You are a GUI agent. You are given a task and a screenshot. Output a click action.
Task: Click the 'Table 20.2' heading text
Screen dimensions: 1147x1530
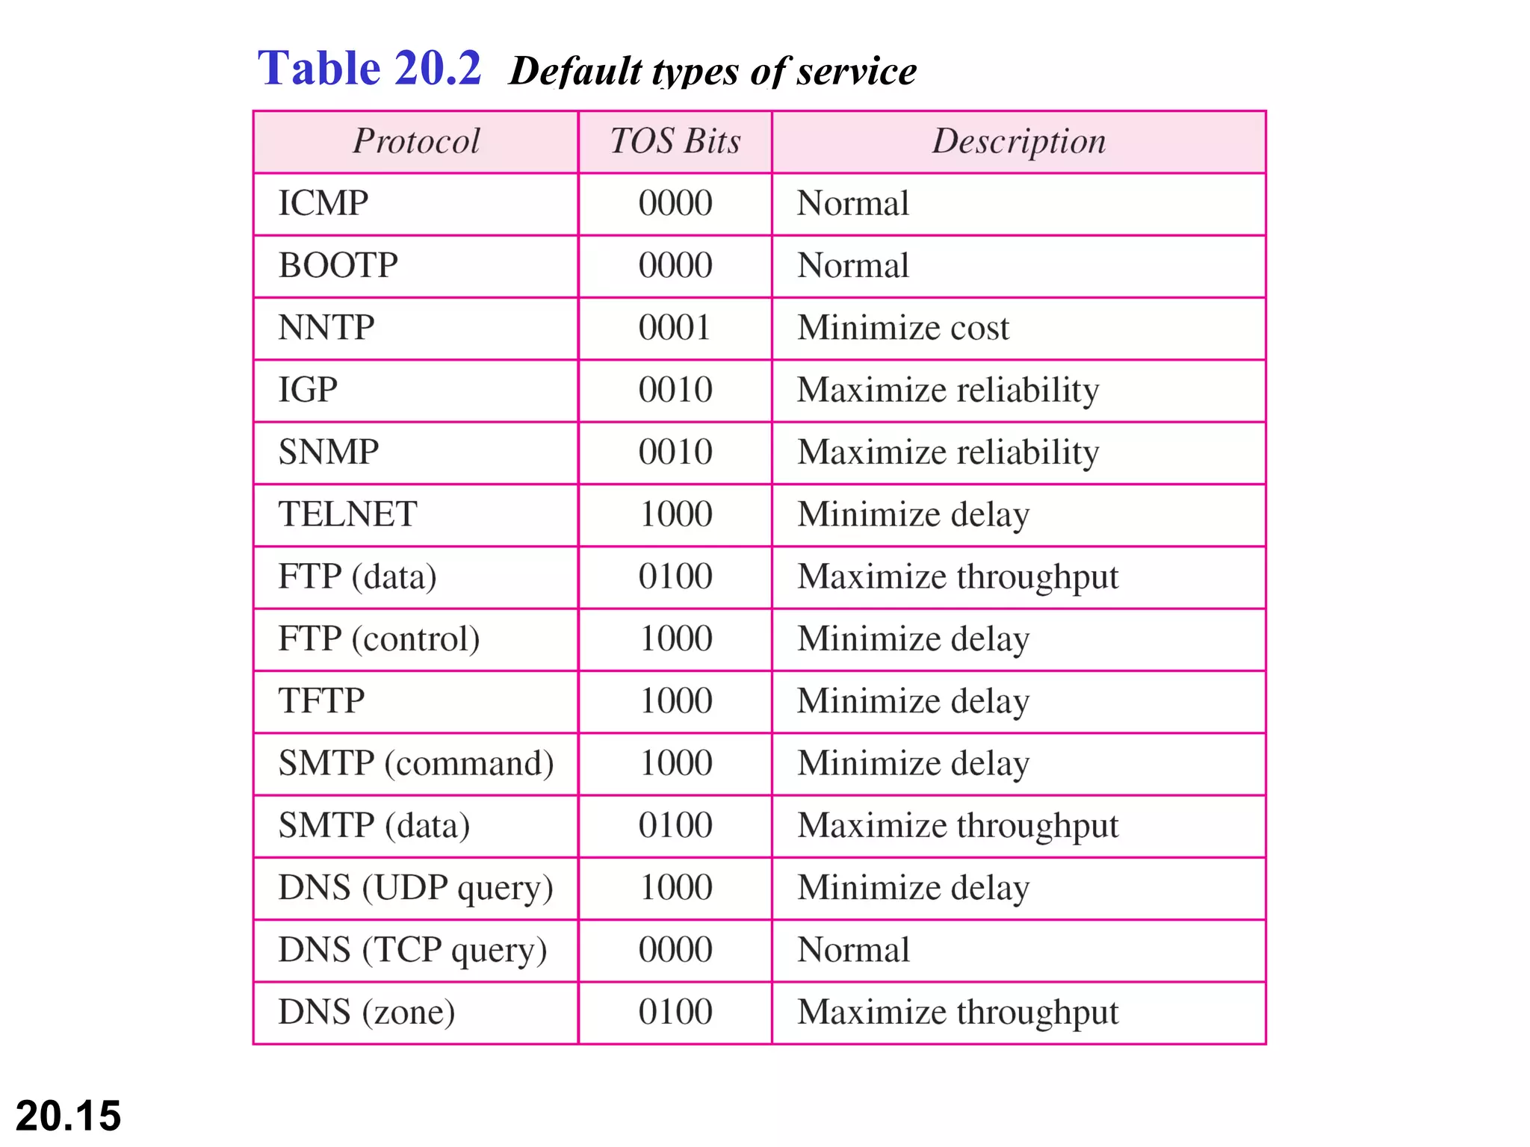click(369, 69)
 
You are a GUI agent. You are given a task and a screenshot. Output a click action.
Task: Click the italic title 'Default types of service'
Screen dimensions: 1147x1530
click(712, 72)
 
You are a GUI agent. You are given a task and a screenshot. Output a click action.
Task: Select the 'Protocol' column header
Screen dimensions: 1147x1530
click(416, 141)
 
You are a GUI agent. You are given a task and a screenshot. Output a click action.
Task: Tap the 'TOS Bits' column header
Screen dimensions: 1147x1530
click(675, 141)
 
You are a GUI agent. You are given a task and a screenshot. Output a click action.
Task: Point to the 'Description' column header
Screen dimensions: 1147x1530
click(1019, 141)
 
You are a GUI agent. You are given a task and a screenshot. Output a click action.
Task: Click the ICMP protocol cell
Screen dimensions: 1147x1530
click(323, 203)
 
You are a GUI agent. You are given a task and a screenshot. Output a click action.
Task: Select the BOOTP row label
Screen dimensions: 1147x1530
click(338, 265)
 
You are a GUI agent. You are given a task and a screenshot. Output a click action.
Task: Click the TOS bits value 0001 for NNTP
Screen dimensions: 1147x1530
click(675, 328)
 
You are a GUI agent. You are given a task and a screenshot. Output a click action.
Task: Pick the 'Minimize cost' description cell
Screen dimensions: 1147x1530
click(903, 328)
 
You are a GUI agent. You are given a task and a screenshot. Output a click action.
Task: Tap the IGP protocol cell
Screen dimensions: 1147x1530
click(308, 390)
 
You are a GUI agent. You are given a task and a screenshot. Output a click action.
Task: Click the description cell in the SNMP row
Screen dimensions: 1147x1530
click(948, 453)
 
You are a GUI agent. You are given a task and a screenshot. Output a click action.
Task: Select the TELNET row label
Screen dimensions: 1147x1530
click(348, 515)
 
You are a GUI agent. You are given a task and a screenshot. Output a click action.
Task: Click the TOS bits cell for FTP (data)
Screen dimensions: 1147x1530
click(675, 576)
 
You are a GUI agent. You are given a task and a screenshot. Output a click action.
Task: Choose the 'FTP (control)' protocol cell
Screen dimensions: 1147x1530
click(379, 639)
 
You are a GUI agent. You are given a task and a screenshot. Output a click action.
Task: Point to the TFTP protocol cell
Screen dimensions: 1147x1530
click(322, 701)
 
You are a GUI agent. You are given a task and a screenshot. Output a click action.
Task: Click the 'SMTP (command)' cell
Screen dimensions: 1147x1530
click(416, 763)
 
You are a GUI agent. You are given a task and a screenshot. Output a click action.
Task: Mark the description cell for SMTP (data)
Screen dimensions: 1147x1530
click(958, 826)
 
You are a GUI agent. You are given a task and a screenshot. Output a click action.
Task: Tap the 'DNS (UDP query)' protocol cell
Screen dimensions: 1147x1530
click(415, 888)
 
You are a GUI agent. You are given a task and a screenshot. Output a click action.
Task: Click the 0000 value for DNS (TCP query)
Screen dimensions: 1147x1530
click(675, 950)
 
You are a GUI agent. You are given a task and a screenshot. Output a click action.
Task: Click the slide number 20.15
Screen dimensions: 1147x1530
click(68, 1116)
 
